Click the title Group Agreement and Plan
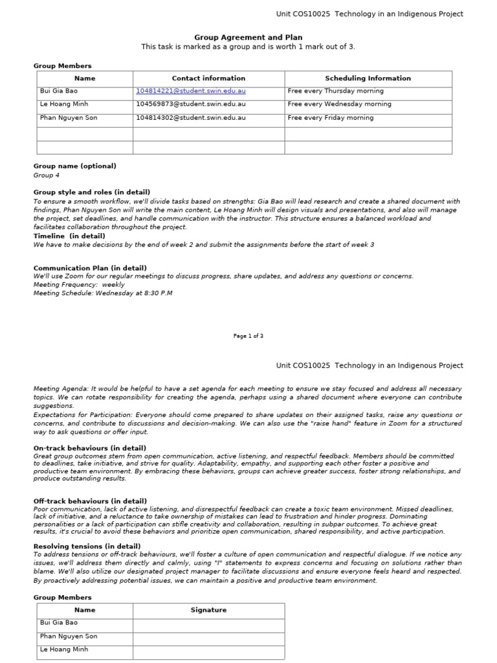[x=248, y=38]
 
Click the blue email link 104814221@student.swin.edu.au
[x=190, y=91]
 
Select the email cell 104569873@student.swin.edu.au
[x=190, y=104]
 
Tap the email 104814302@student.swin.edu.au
[x=190, y=118]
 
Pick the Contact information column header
[x=208, y=78]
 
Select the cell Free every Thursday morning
[x=335, y=91]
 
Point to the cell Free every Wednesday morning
[x=339, y=104]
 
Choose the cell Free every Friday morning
[x=330, y=118]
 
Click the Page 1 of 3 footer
[x=248, y=336]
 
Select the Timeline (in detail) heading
[x=69, y=236]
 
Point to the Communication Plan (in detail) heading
[x=90, y=268]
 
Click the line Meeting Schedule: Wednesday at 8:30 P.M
[x=103, y=293]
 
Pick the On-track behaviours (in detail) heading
[x=90, y=448]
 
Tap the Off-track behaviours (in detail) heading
[x=90, y=501]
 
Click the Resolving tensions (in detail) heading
[x=87, y=546]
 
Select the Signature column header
[x=208, y=610]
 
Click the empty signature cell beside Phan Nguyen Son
[x=208, y=636]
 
